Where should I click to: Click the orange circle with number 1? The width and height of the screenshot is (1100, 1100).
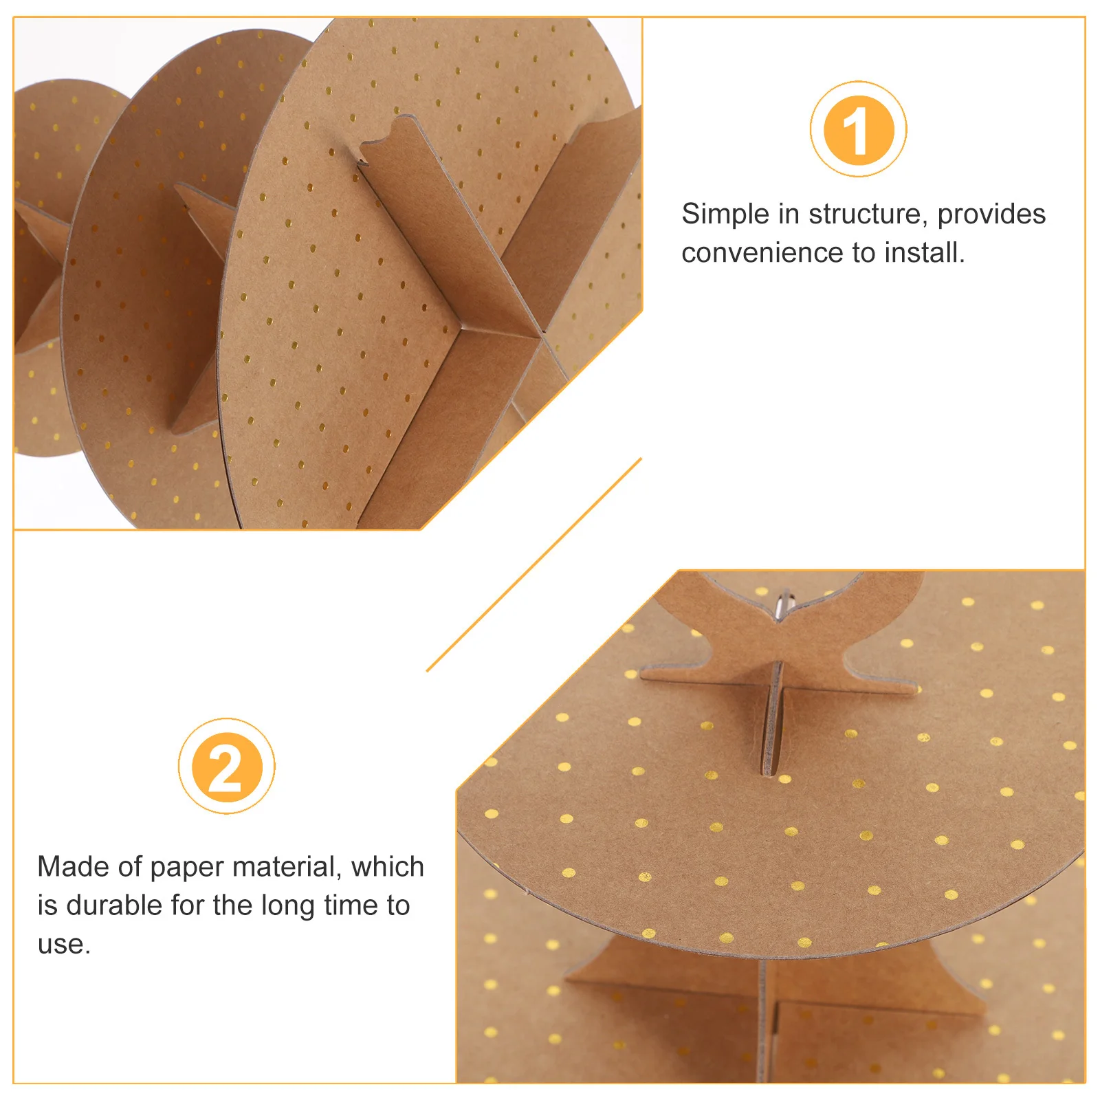click(858, 129)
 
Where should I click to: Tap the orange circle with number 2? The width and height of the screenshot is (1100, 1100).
click(226, 767)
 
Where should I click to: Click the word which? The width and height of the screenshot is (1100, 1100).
click(388, 867)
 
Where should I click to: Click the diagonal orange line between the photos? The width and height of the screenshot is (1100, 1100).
click(534, 564)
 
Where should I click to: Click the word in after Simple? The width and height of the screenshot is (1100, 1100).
click(789, 214)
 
